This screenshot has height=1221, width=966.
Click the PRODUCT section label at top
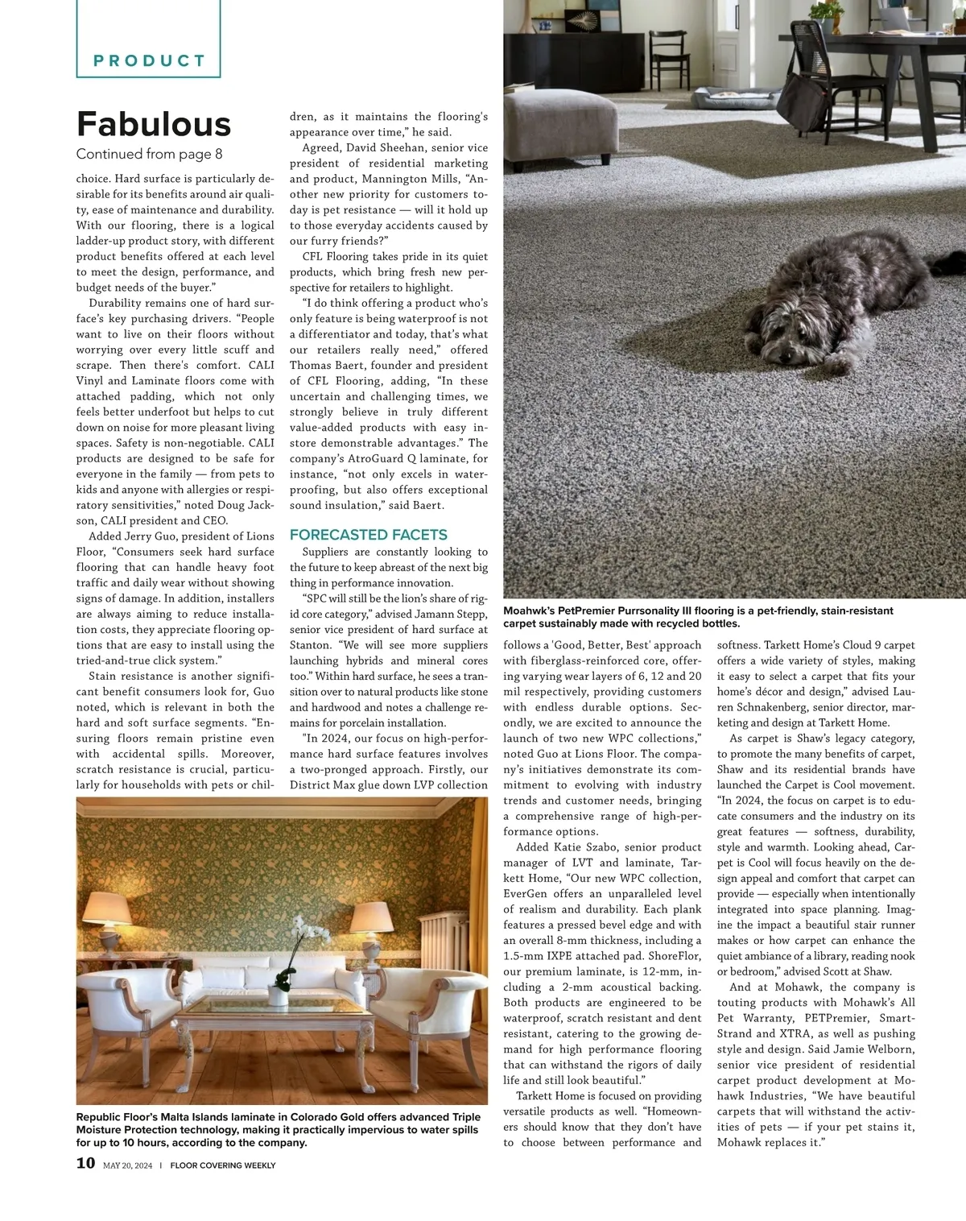[x=150, y=60]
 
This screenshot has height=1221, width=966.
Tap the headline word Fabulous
[x=154, y=124]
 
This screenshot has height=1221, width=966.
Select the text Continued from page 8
[x=149, y=154]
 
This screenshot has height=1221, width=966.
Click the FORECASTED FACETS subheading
[x=369, y=535]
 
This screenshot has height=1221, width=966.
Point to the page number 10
[x=85, y=1163]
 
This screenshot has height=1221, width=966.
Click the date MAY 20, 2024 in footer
[x=127, y=1165]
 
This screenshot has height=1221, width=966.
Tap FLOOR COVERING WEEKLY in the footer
[x=223, y=1165]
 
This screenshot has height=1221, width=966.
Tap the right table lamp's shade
[x=374, y=917]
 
